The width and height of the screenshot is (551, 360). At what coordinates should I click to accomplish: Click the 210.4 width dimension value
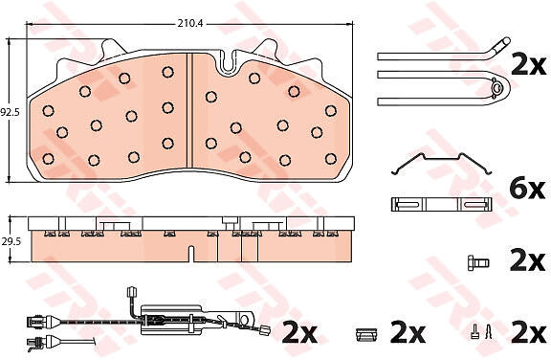tap(190, 24)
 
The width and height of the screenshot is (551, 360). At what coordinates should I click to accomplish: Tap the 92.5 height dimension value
tap(11, 113)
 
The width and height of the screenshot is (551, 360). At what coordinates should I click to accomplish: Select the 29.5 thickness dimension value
tap(11, 241)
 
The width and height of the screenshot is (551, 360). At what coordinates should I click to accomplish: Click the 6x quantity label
tap(527, 190)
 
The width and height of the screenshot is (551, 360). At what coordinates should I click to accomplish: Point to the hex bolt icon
tap(478, 263)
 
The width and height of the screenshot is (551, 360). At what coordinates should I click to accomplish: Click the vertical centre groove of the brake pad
tap(189, 111)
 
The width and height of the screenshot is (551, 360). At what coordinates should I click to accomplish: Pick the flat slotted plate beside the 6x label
tap(442, 204)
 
